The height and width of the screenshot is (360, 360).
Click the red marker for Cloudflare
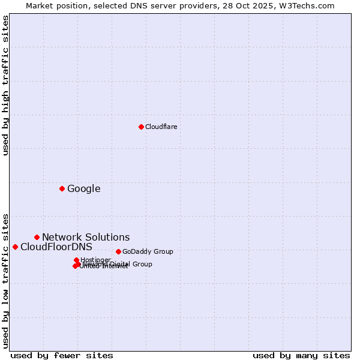[141, 127]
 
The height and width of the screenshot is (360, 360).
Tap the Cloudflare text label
[161, 127]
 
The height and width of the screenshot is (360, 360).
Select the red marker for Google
[62, 188]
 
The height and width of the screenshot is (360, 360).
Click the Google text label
[83, 189]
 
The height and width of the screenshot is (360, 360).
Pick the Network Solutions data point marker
[37, 237]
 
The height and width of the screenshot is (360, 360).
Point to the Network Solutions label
[86, 238]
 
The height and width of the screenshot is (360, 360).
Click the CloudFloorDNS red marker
[15, 247]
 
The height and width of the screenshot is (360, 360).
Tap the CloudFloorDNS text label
[56, 247]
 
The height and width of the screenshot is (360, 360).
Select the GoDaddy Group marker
[118, 251]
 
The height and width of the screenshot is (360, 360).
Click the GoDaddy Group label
[148, 251]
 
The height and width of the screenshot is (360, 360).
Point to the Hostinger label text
[95, 260]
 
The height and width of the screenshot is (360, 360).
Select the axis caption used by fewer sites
[62, 355]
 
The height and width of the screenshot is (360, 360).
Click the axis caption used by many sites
[301, 355]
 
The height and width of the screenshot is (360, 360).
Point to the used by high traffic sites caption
[5, 85]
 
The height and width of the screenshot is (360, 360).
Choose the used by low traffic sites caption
[5, 280]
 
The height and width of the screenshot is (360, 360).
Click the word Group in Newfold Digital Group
[143, 264]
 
